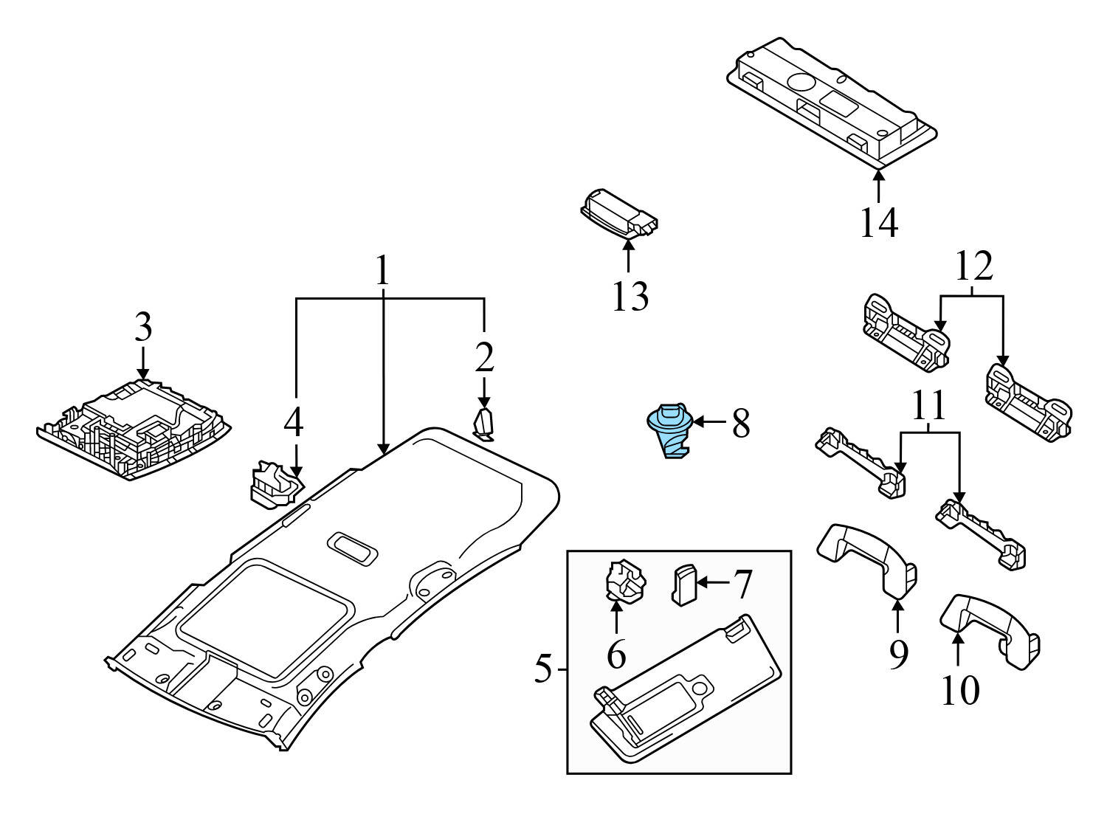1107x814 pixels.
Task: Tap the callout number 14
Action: pyautogui.click(x=878, y=222)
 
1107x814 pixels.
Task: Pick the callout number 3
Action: pyautogui.click(x=142, y=327)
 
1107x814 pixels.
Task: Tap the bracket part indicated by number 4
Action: pyautogui.click(x=275, y=485)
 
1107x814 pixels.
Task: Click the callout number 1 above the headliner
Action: pyautogui.click(x=382, y=271)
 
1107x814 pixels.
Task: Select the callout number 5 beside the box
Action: pyautogui.click(x=542, y=669)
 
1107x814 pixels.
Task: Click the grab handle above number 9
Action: pyautogui.click(x=866, y=557)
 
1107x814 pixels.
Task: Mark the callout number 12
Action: pyautogui.click(x=973, y=267)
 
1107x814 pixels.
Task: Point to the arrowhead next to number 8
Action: pyautogui.click(x=697, y=421)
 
